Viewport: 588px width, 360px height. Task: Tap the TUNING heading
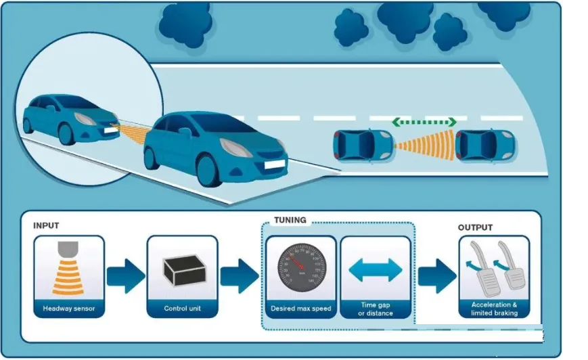(x=290, y=220)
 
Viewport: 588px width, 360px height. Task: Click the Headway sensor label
(x=69, y=309)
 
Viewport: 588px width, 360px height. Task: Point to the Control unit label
(x=182, y=309)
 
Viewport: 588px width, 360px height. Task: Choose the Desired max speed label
(x=300, y=309)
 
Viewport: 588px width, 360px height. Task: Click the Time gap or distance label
(x=376, y=309)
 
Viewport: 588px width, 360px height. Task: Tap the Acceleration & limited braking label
(x=494, y=309)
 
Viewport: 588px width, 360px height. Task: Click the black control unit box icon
(x=182, y=269)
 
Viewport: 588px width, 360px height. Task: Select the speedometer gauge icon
(x=300, y=269)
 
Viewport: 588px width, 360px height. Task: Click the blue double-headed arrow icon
(x=376, y=269)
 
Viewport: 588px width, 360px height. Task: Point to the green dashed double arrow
(x=424, y=122)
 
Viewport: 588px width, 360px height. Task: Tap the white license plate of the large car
(x=273, y=163)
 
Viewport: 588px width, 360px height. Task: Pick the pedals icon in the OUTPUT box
(x=494, y=267)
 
